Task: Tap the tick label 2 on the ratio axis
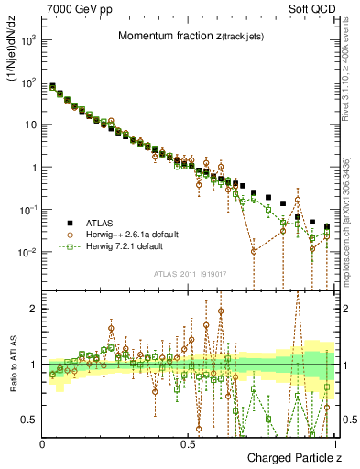[35, 309]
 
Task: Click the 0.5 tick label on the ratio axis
[30, 420]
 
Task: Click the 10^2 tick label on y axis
[29, 82]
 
